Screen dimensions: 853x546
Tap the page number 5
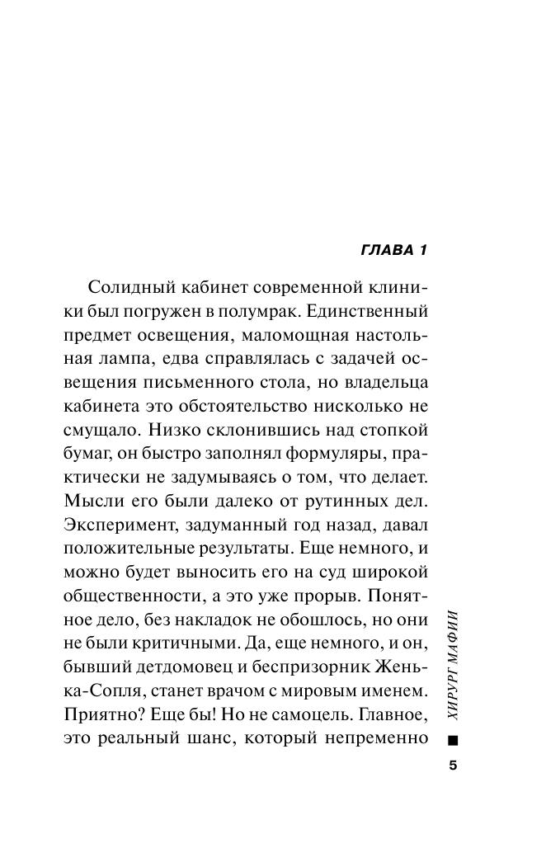[x=452, y=765]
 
